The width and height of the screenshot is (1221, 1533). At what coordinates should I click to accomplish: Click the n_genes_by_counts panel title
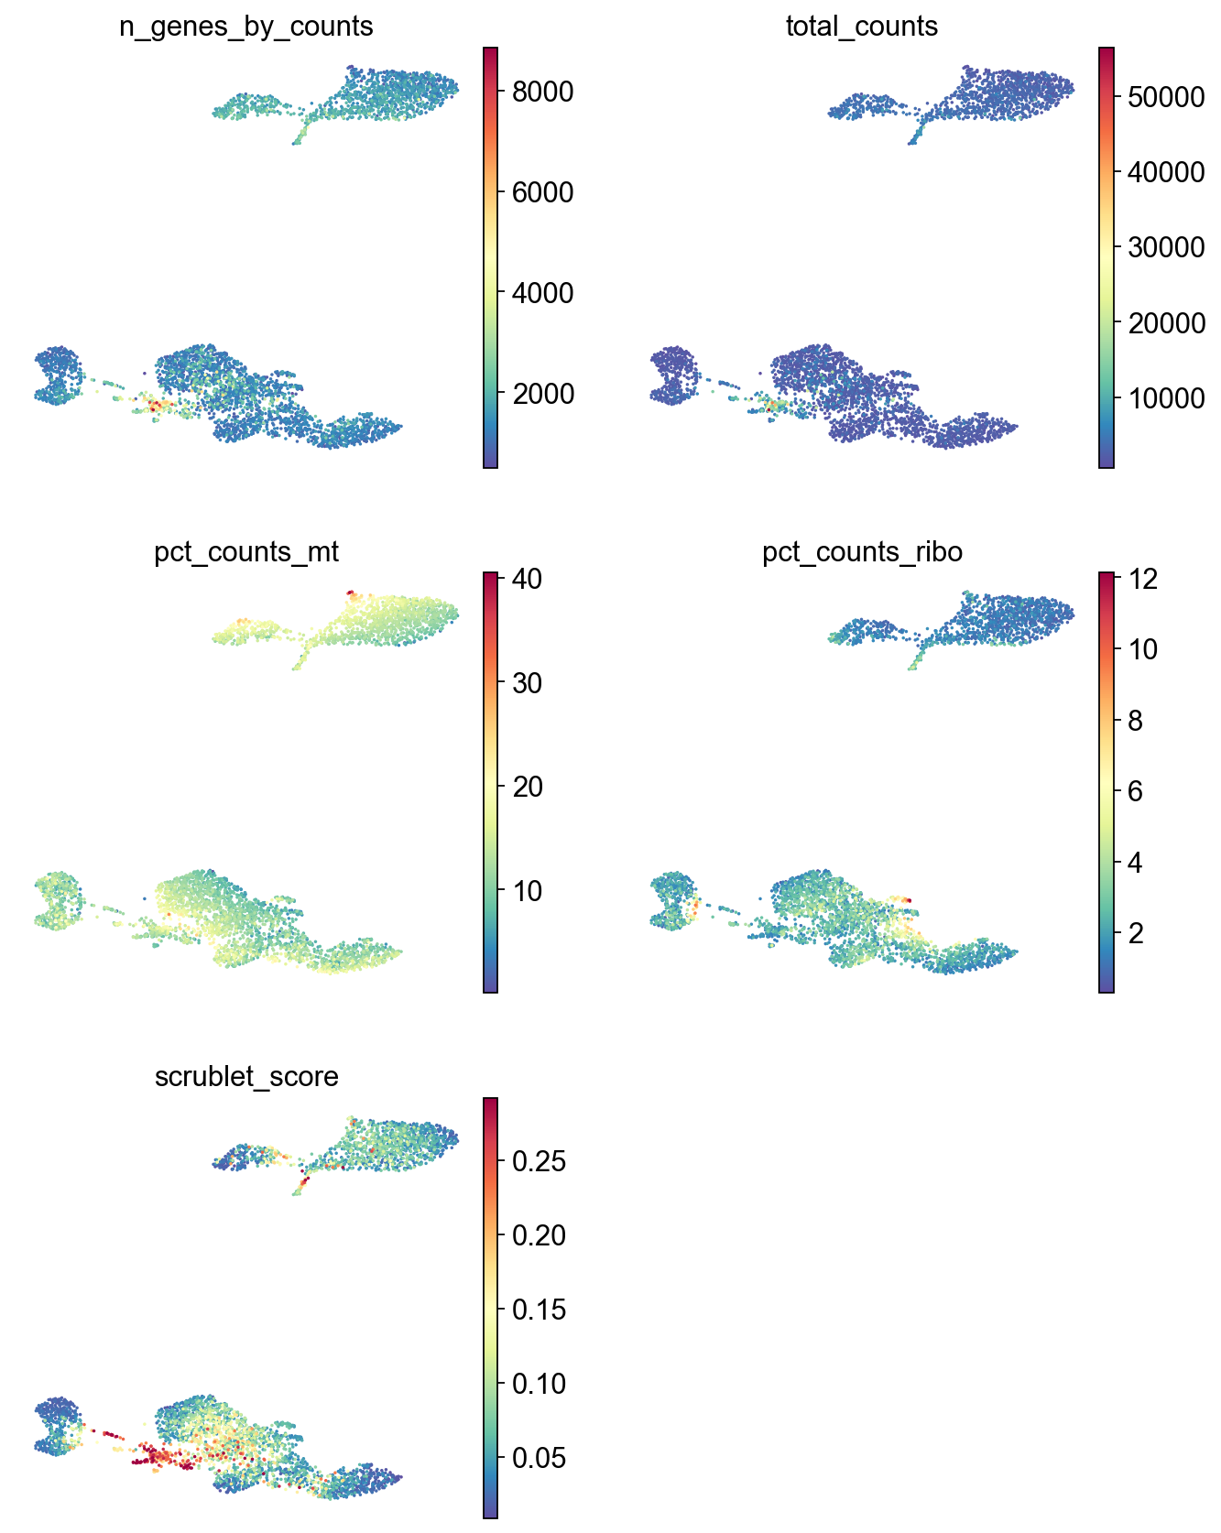click(x=245, y=27)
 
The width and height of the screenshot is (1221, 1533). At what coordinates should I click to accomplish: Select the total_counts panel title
click(x=861, y=27)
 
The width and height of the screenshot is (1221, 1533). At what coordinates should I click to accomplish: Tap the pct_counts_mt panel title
click(x=246, y=552)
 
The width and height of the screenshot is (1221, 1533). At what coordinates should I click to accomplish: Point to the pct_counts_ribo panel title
click(x=862, y=552)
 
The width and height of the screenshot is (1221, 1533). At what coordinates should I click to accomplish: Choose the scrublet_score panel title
click(x=246, y=1076)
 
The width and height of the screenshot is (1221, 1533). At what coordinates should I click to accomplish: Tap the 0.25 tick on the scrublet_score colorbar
click(x=539, y=1161)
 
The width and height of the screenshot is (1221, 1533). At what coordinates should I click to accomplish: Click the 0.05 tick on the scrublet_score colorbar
click(x=539, y=1458)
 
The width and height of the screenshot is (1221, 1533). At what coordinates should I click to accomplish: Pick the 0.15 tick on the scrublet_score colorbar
click(x=539, y=1310)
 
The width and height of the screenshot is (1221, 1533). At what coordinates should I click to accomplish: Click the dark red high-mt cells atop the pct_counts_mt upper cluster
click(x=350, y=593)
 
